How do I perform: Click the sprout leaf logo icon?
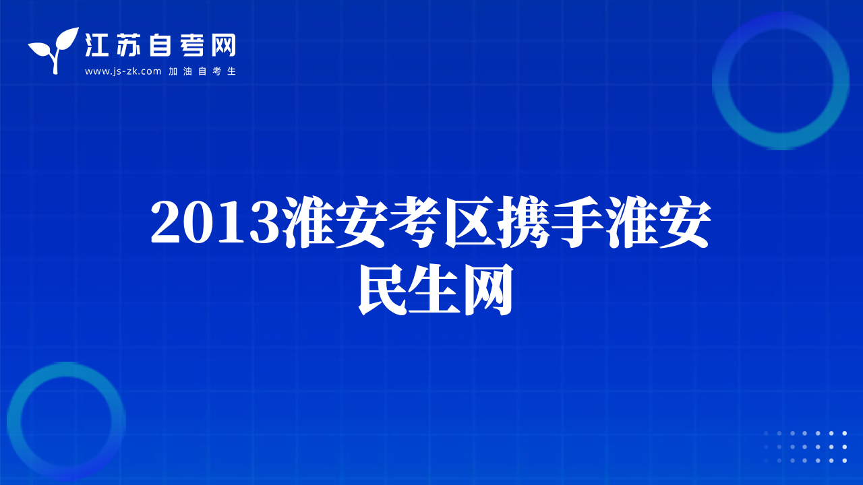[x=53, y=51]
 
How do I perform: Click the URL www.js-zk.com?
[x=123, y=71]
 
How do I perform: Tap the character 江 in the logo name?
[x=96, y=45]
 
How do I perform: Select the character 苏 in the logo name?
[x=128, y=45]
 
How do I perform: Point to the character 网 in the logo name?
[x=223, y=45]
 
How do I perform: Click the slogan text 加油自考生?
[x=202, y=71]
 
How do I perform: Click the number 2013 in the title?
[x=215, y=222]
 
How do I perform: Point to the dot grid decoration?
[x=805, y=447]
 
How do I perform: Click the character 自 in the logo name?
[x=160, y=45]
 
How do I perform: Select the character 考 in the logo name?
[x=192, y=45]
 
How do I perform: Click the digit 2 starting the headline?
[x=166, y=222]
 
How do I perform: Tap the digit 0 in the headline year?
[x=199, y=222]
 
